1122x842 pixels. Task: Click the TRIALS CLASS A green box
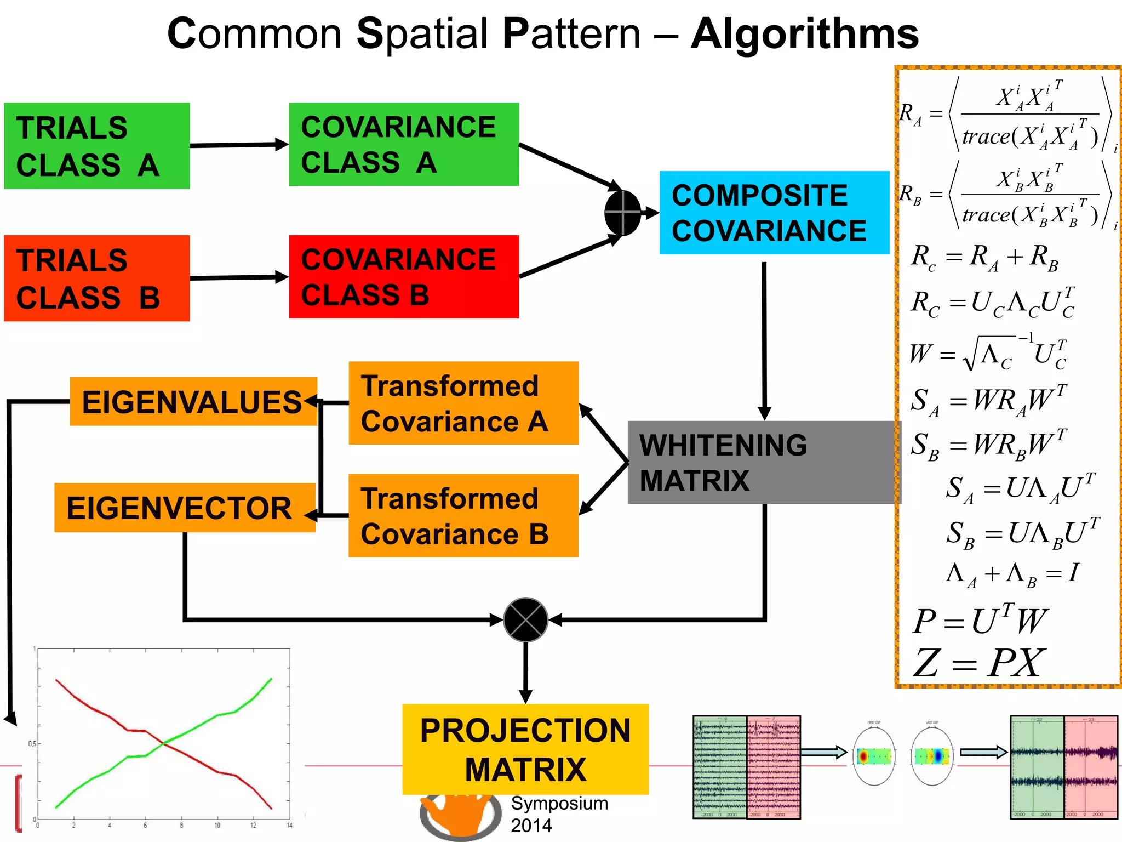click(96, 146)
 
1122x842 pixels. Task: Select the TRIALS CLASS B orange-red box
click(96, 278)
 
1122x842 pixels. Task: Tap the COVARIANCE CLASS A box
click(404, 144)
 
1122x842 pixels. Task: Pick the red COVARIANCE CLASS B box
click(404, 277)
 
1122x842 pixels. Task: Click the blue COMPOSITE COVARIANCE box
click(774, 213)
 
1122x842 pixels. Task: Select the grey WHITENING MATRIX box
click(763, 462)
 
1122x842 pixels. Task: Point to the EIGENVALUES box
click(193, 401)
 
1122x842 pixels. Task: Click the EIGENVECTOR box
click(184, 508)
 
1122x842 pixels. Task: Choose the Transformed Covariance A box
click(463, 403)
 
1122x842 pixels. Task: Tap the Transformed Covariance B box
click(463, 516)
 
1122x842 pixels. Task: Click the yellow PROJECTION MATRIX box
click(525, 749)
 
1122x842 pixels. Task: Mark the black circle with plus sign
click(623, 213)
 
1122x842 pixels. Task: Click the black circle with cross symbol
click(525, 619)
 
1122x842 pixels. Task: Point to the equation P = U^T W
click(979, 621)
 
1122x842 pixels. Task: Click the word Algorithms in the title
click(804, 34)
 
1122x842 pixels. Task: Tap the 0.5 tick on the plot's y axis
click(32, 744)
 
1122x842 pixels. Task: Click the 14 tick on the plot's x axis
click(289, 825)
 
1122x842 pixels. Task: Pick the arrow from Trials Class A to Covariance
click(239, 145)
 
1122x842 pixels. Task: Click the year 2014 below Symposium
click(531, 825)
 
